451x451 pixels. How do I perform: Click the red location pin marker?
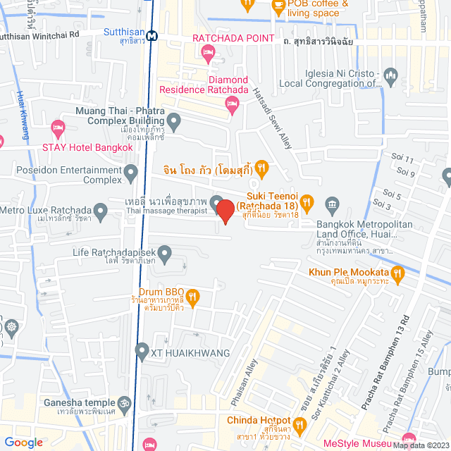point(225,211)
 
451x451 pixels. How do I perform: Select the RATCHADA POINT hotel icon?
point(208,51)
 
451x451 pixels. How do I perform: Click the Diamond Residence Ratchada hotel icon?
point(232,105)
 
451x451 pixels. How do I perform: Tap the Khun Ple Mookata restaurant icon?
point(398,272)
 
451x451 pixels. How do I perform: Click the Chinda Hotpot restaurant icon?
point(299,424)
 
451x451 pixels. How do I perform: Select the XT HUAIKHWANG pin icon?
point(142,350)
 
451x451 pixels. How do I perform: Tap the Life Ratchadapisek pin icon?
point(165,252)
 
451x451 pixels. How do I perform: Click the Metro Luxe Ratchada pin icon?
point(101,209)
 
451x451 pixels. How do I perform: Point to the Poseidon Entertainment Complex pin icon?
point(130,172)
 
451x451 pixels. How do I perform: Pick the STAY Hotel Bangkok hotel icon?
point(58,130)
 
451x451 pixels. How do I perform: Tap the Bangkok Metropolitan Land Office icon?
point(333,205)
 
